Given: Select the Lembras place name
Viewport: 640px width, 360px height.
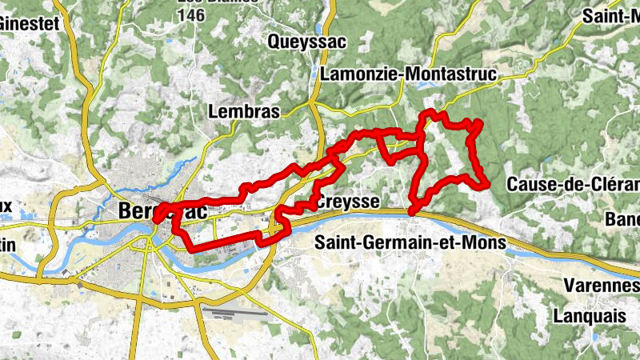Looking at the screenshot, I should [x=243, y=112].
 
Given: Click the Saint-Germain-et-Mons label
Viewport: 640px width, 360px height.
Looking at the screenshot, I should [x=410, y=242].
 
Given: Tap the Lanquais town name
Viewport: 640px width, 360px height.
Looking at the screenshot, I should [x=590, y=315].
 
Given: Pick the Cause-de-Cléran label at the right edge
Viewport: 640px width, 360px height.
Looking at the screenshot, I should [x=573, y=184].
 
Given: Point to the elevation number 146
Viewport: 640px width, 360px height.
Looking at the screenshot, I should [x=193, y=15].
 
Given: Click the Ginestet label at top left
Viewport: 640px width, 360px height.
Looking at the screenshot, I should [x=29, y=23].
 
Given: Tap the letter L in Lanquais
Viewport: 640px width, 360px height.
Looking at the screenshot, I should [x=558, y=315].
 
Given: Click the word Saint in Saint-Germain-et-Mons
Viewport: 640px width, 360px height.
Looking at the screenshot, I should [x=337, y=242].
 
